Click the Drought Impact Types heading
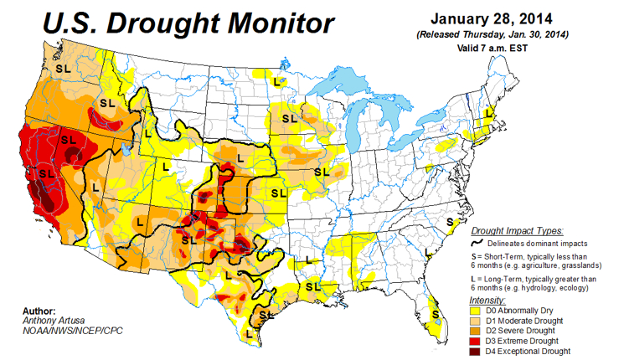(x=517, y=230)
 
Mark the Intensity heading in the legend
(x=487, y=299)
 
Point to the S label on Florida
(x=436, y=315)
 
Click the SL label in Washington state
(x=62, y=66)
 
